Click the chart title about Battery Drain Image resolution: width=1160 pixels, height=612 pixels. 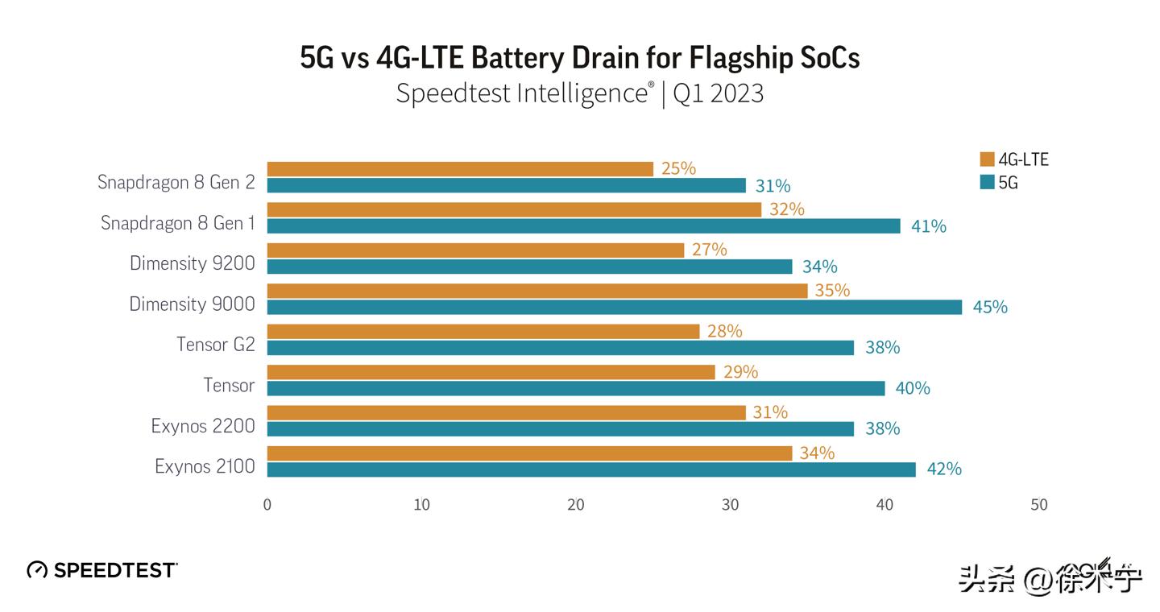pos(579,58)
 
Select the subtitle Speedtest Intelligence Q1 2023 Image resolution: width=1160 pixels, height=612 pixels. pos(579,94)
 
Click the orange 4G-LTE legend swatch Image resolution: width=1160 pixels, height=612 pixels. pos(987,159)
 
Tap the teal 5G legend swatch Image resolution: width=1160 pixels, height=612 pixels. pos(987,183)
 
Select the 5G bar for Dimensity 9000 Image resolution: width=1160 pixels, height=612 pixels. pos(614,307)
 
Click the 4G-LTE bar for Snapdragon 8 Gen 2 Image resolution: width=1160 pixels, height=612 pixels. pos(459,169)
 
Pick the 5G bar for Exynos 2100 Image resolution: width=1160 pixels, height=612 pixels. pos(590,469)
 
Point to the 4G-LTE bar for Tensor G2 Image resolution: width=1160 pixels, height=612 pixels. pos(483,331)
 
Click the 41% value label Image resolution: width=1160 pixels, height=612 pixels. pos(928,226)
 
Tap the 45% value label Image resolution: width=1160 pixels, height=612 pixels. pos(989,307)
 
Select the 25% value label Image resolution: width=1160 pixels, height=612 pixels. pos(678,169)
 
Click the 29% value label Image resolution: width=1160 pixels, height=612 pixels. pos(740,371)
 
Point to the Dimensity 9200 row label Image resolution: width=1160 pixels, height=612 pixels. pos(192,263)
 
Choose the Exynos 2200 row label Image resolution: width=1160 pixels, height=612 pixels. pos(203,425)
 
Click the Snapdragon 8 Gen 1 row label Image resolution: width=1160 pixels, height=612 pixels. pos(177,223)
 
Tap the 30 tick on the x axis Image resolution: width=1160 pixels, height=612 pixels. pos(730,505)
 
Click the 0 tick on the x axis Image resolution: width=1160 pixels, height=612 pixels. pos(267,505)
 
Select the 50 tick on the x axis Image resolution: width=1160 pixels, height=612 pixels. pos(1038,505)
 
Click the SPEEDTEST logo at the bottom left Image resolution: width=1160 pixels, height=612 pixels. pos(102,570)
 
